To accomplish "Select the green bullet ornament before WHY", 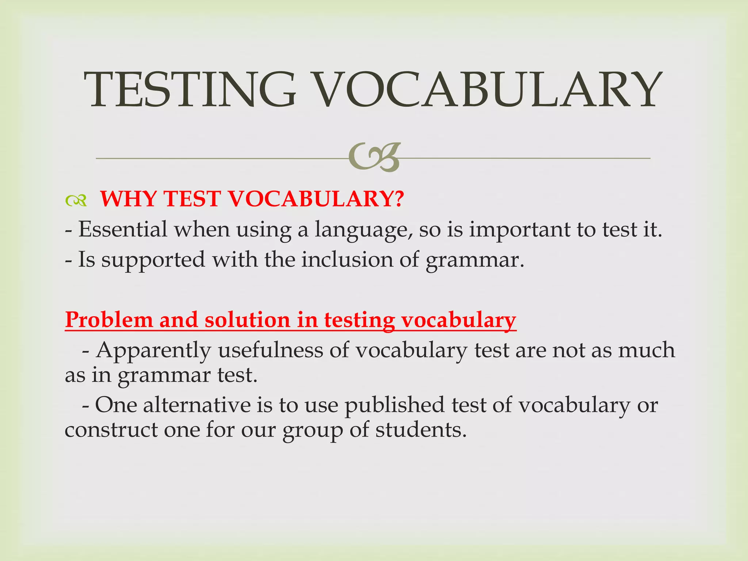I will pos(76,200).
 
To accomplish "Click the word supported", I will pos(153,260).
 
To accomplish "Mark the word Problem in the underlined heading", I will pos(109,320).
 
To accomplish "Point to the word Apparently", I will pos(153,351).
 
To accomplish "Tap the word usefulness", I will pos(271,350).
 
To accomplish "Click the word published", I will pos(394,405).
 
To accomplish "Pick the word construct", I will pos(111,430).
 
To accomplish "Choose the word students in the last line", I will pos(421,430).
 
